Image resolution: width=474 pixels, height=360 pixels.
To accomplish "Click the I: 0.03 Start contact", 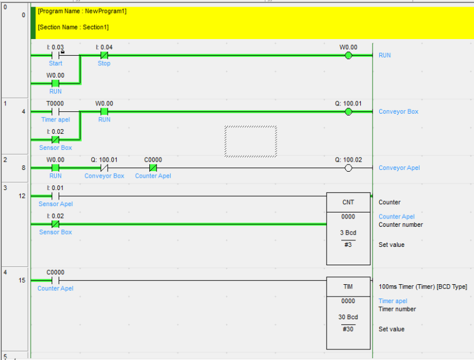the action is pos(55,55).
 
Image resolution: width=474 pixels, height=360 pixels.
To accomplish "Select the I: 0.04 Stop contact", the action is pos(104,55).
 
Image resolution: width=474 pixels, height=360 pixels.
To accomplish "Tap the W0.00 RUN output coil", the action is pos(348,56).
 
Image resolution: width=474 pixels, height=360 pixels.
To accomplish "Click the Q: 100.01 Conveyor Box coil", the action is pos(348,112).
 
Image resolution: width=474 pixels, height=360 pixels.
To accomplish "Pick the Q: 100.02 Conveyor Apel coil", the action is pos(348,168).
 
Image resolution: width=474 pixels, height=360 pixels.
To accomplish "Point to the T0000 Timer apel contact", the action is pos(55,112).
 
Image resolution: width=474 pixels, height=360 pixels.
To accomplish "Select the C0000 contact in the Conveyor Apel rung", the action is pos(153,168).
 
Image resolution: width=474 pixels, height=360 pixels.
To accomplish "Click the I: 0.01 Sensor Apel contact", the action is pos(55,196).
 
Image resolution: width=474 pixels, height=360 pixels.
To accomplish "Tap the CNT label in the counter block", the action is pos(348,202).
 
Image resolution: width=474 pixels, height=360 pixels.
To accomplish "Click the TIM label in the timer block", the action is pos(348,287).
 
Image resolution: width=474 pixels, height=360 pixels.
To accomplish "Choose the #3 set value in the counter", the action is pos(348,245).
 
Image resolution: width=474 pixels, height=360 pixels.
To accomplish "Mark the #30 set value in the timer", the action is pos(348,329).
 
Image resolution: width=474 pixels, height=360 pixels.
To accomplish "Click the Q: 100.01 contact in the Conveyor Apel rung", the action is pos(104,168).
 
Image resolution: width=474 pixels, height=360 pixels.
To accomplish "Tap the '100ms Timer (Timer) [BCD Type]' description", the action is pos(423,287).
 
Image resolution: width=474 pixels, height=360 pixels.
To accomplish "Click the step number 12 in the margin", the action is pos(22,196).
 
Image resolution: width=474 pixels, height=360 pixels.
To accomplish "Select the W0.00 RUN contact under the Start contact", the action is pos(55,83).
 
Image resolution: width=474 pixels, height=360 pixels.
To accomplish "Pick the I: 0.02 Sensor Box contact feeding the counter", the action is pos(55,224).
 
